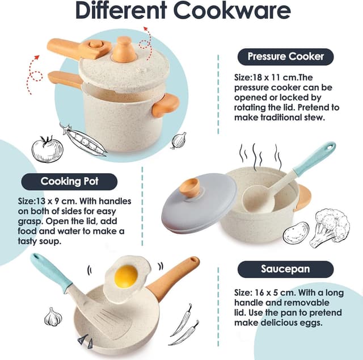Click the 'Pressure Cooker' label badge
click(285, 57)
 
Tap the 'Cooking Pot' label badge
click(69, 182)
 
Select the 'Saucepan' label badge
click(285, 269)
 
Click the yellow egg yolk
click(126, 276)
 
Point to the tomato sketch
click(48, 149)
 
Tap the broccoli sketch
click(330, 228)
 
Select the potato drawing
click(296, 232)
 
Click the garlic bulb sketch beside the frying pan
click(53, 317)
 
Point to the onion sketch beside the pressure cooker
click(179, 140)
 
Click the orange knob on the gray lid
click(189, 187)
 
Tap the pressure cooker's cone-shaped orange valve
click(124, 50)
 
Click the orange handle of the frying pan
click(172, 278)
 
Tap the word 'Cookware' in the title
click(232, 11)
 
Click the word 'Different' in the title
click(121, 11)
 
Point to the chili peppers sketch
click(184, 324)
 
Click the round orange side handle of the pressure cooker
click(165, 105)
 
